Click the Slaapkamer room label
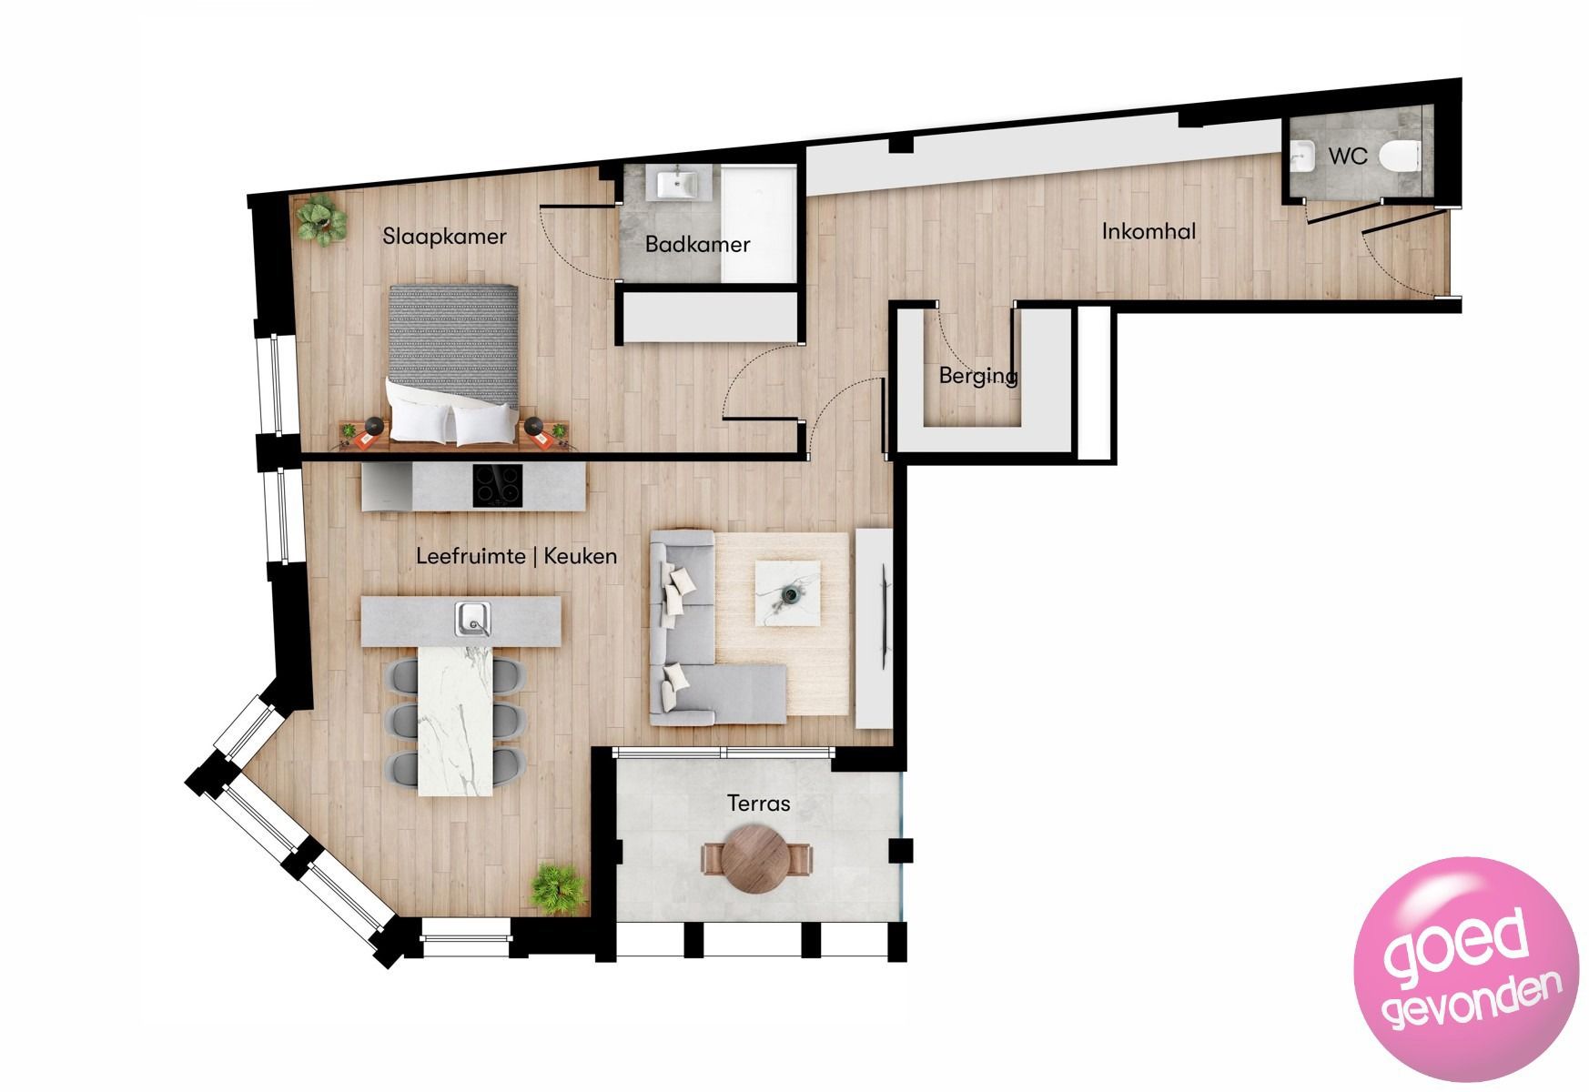pyautogui.click(x=444, y=238)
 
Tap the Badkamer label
pyautogui.click(x=697, y=244)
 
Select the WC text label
pyautogui.click(x=1347, y=157)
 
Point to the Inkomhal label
pyautogui.click(x=1149, y=231)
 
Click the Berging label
pyautogui.click(x=977, y=375)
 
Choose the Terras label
pyautogui.click(x=758, y=803)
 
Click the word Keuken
pyautogui.click(x=581, y=556)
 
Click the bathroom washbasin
pyautogui.click(x=677, y=186)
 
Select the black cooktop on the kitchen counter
pyautogui.click(x=498, y=486)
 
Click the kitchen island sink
pyautogui.click(x=472, y=620)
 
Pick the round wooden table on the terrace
pyautogui.click(x=758, y=859)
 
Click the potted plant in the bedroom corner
pyautogui.click(x=319, y=219)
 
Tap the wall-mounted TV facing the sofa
pyautogui.click(x=883, y=615)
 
